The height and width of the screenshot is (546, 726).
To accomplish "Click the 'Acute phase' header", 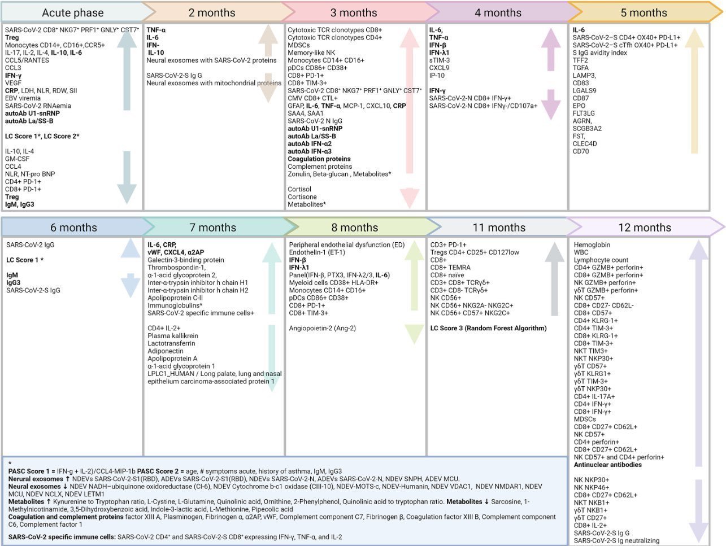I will [73, 12].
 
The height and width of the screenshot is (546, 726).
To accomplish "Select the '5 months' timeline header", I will [643, 12].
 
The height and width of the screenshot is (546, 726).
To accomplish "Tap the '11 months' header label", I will [498, 228].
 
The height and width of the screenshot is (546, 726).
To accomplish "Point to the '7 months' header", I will [212, 228].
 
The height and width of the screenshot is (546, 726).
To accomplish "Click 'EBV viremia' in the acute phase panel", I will [23, 98].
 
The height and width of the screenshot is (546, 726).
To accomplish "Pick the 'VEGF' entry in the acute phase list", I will [14, 83].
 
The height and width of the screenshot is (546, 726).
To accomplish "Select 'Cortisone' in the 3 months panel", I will [302, 197].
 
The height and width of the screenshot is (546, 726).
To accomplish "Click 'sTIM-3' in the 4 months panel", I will [440, 60].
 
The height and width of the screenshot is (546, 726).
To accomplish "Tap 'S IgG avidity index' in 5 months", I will [600, 53].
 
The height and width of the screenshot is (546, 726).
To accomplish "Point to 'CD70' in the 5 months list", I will [581, 151].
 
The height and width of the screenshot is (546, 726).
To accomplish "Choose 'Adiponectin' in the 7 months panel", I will [164, 351].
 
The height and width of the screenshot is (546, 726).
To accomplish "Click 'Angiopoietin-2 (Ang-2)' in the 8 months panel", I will [322, 328].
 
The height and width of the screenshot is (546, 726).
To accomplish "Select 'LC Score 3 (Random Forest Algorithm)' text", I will [488, 328].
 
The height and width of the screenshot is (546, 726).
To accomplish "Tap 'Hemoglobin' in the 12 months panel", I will [592, 245].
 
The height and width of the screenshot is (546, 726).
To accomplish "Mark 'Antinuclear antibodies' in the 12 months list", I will [608, 465].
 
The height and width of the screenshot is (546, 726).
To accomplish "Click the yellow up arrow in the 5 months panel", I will [694, 90].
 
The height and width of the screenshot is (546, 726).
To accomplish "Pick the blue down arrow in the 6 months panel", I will [130, 285].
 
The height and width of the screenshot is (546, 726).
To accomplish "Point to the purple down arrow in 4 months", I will [550, 104].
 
